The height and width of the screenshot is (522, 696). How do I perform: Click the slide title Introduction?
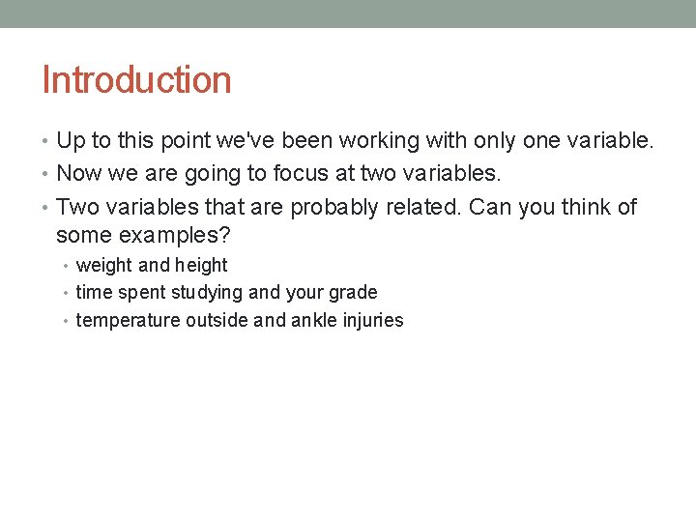coord(136,79)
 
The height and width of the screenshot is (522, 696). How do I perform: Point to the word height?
coord(201,266)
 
